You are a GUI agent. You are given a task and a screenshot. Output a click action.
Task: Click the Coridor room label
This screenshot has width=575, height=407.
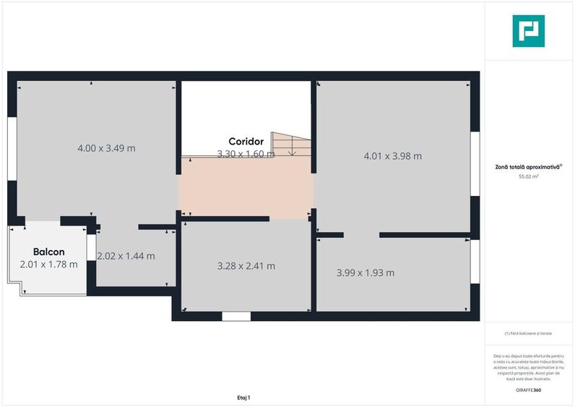246,141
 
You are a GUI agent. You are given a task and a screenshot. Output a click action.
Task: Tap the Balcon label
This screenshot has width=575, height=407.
49,252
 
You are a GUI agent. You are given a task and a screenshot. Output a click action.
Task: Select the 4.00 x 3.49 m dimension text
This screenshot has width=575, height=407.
106,148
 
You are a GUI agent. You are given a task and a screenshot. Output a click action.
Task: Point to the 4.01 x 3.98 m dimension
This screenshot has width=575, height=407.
393,155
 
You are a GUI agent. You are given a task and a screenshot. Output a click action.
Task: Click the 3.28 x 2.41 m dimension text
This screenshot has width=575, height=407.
246,266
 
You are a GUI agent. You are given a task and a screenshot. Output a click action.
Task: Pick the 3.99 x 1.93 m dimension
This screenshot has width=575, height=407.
366,273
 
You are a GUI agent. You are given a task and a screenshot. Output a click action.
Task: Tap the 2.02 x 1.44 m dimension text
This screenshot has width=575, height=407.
126,256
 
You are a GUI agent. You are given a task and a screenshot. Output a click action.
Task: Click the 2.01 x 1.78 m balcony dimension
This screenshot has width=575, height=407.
48,264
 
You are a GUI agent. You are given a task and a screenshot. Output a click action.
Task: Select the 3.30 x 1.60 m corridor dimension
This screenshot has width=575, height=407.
246,153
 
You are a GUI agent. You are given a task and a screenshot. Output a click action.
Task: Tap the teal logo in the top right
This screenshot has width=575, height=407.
528,31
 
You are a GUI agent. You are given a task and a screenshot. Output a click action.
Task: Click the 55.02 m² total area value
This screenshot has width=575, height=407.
529,176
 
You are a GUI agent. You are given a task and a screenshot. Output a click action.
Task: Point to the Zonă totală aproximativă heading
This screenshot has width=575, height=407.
528,166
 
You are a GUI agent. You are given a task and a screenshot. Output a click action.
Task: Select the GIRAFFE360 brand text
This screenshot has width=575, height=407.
529,390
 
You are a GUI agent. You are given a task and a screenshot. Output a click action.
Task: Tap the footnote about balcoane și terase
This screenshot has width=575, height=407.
529,333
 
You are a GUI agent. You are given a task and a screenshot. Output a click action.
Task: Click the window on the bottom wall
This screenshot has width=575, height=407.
236,316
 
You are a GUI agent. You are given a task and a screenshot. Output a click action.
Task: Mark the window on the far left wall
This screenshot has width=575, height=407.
12,147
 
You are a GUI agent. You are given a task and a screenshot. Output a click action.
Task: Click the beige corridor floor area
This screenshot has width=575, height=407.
246,188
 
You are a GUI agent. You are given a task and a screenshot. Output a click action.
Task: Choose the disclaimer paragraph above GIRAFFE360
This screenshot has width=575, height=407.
529,367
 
